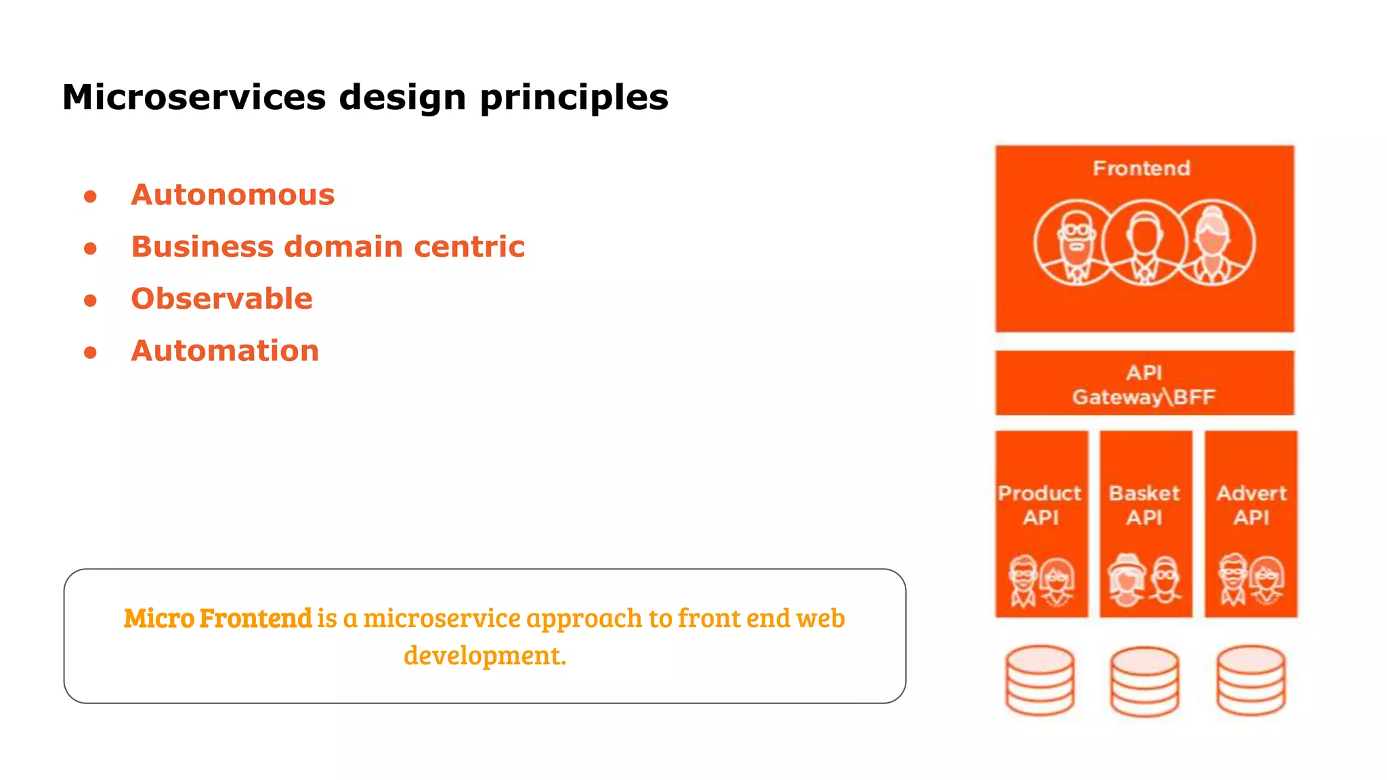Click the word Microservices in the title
click(x=194, y=97)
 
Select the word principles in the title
click(x=574, y=98)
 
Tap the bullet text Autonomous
click(x=233, y=195)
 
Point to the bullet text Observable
click(x=221, y=299)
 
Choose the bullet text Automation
click(x=225, y=351)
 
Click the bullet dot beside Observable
click(x=90, y=301)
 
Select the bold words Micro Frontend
click(x=217, y=618)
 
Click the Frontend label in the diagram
click(x=1141, y=168)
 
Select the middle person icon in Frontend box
click(x=1144, y=243)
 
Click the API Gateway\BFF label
click(x=1144, y=385)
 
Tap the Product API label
click(x=1040, y=505)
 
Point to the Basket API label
click(x=1144, y=505)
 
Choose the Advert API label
click(x=1251, y=505)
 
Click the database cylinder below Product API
click(x=1040, y=680)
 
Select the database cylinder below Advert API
click(x=1250, y=680)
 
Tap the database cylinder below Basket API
click(x=1144, y=681)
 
